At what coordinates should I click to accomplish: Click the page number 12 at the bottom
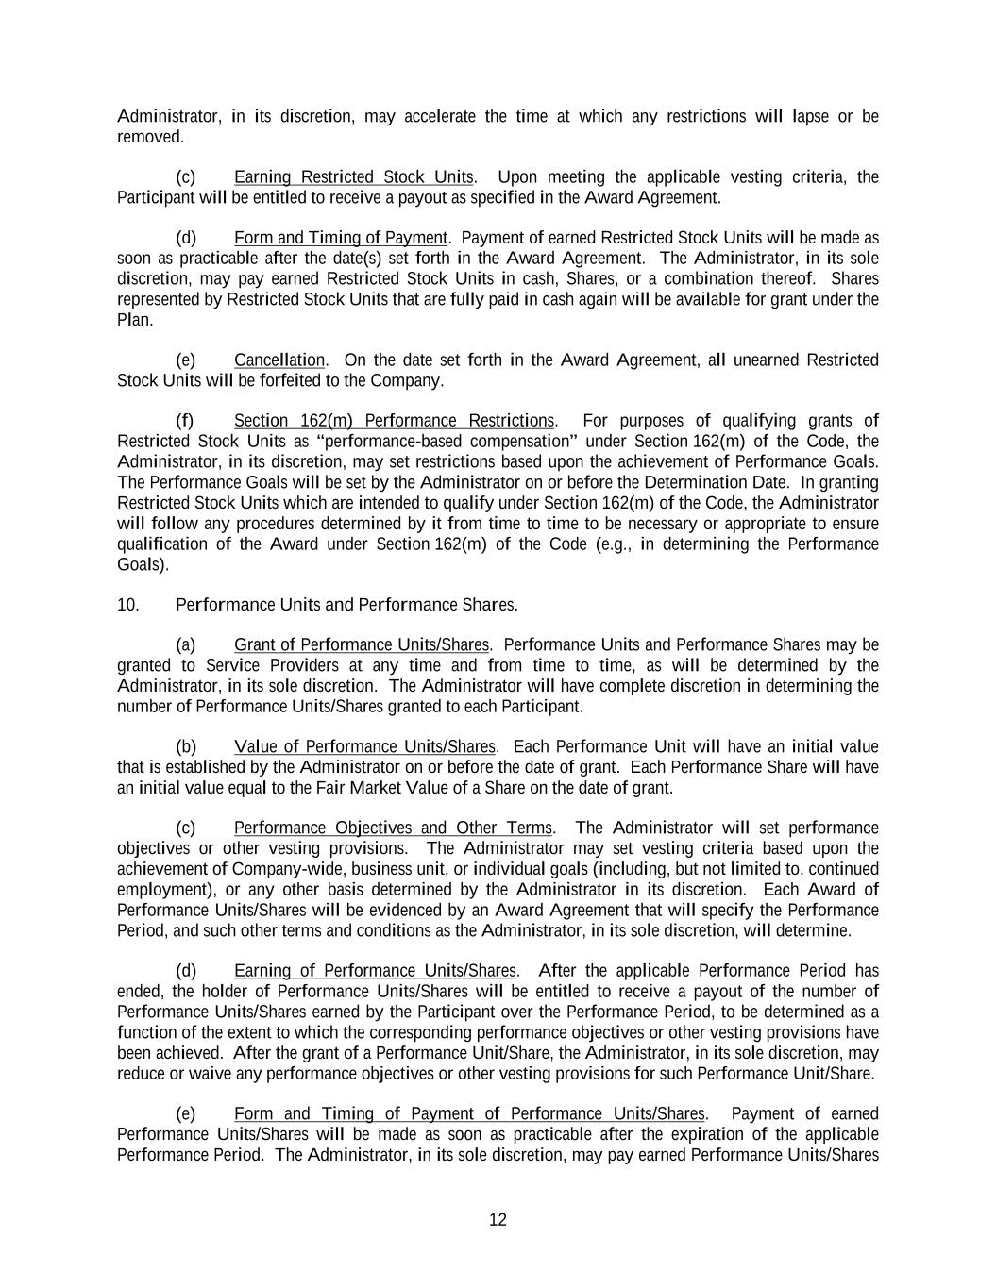coord(498,1219)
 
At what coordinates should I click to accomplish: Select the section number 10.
coord(127,604)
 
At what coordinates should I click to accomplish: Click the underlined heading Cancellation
coord(279,360)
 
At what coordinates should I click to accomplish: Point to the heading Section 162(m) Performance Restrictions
coord(394,420)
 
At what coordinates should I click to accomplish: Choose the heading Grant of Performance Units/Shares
coord(361,644)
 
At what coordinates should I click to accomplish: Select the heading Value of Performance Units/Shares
coord(363,746)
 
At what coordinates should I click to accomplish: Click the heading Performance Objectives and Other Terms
coord(393,828)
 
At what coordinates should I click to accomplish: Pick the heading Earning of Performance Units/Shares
coord(375,970)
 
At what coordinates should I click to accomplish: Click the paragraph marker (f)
coord(185,420)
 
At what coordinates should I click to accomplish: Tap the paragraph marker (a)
coord(186,644)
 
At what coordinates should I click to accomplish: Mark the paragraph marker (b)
coord(186,746)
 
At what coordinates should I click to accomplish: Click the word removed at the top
coord(149,137)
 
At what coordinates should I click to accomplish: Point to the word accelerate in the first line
coord(440,116)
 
